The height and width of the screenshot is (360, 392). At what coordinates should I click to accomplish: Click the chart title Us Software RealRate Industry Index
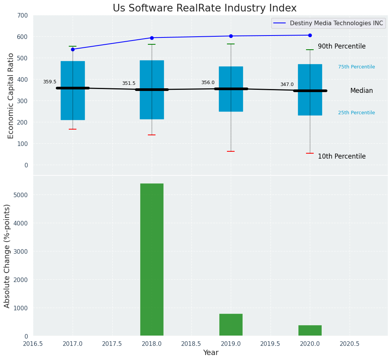[204, 8]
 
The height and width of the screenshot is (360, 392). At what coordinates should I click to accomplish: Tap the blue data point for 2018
[152, 38]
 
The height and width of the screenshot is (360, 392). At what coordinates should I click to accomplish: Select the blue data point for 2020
[310, 35]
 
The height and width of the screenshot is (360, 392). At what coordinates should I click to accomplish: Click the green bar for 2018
[152, 260]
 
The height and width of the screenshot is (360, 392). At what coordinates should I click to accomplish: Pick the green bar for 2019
[231, 325]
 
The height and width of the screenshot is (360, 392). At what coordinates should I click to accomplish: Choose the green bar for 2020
[310, 331]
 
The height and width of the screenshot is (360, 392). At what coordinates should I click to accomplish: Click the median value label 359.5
[50, 82]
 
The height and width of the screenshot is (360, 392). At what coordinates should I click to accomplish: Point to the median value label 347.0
[287, 84]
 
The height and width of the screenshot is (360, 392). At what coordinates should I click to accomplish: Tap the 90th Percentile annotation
[342, 46]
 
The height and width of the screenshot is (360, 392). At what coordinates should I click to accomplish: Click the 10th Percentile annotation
[342, 156]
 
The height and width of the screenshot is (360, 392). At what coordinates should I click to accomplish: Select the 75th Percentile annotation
[356, 67]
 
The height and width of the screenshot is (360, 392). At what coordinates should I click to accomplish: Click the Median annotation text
[361, 91]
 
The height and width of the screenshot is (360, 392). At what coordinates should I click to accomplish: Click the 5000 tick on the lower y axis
[21, 195]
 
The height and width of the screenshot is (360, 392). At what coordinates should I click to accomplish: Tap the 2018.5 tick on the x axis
[191, 344]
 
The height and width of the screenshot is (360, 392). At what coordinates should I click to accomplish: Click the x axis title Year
[211, 353]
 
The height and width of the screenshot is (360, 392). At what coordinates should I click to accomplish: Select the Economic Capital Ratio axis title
[11, 96]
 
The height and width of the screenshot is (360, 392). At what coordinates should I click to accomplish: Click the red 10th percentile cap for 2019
[231, 151]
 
